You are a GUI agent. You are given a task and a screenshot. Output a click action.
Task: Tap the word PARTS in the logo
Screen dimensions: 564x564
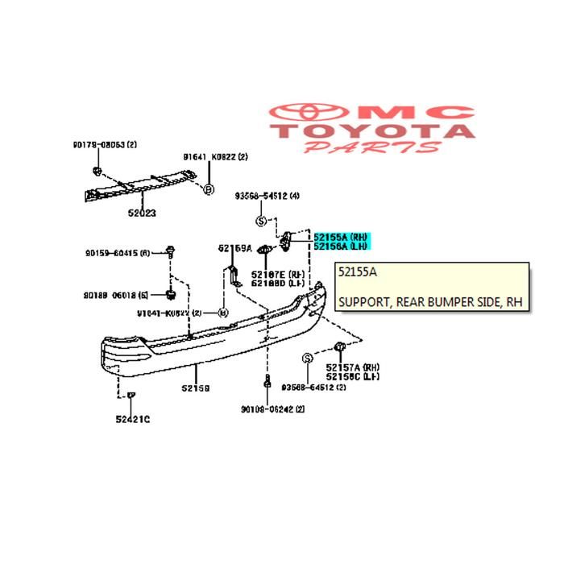(x=373, y=147)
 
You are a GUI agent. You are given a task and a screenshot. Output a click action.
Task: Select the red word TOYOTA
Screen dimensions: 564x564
(x=372, y=130)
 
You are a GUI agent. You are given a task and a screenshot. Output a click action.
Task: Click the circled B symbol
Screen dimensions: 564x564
(x=208, y=189)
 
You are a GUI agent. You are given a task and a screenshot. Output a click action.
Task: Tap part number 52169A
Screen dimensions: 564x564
(x=234, y=248)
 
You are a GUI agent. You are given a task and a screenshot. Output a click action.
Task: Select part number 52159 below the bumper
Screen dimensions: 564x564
(x=195, y=388)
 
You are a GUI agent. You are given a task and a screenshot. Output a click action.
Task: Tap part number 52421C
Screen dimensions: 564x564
(x=132, y=419)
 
